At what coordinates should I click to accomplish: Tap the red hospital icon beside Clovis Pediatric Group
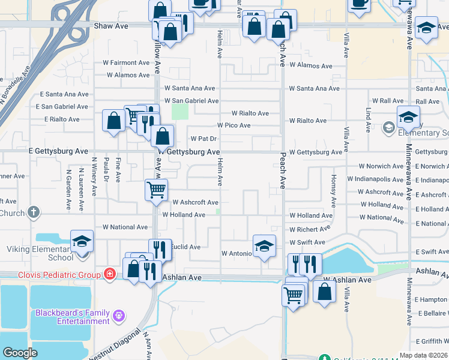pos(109,274)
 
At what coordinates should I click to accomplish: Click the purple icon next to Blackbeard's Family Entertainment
pos(119,314)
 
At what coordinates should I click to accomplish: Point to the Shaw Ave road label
pos(111,26)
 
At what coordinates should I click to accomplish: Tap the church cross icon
pos(34,212)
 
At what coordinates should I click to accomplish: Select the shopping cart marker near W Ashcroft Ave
pos(156,190)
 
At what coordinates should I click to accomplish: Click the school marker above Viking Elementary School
pos(82,241)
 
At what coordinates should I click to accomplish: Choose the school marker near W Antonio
pos(264,246)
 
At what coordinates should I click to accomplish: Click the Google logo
pos(20,353)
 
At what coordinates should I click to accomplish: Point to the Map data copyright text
pos(424,355)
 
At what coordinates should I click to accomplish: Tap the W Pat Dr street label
pos(203,139)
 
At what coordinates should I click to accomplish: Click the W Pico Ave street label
pos(234,125)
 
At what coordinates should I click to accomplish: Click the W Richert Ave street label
pos(310,229)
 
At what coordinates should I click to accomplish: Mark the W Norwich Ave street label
pos(381,166)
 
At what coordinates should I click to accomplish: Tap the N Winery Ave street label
pos(94,176)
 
